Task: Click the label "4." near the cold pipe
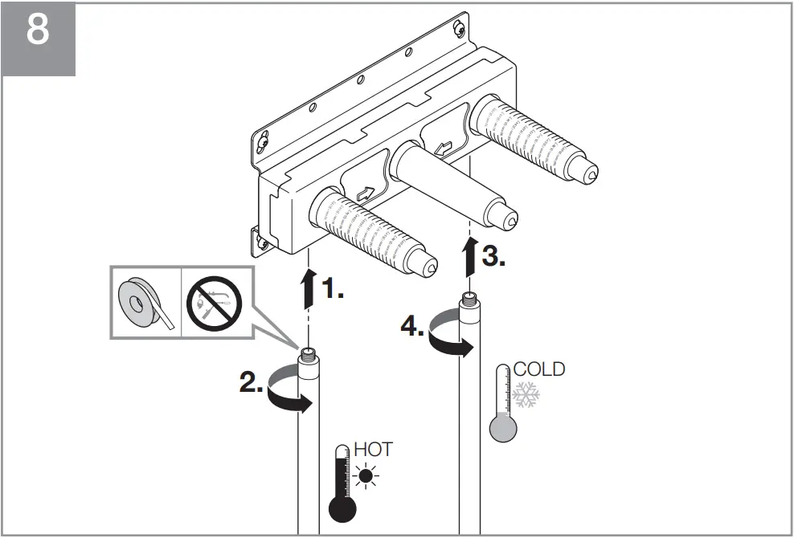(x=412, y=327)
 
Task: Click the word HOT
(x=374, y=449)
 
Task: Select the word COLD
(x=538, y=369)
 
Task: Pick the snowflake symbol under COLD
(x=526, y=394)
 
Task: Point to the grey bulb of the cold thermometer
(x=503, y=428)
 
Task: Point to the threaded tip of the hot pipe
(x=309, y=353)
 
